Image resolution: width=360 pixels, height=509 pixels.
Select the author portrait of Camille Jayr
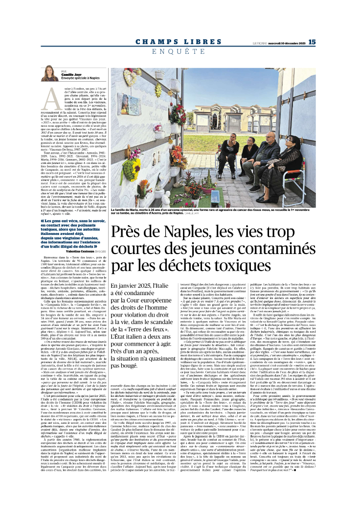[x=51, y=74]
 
